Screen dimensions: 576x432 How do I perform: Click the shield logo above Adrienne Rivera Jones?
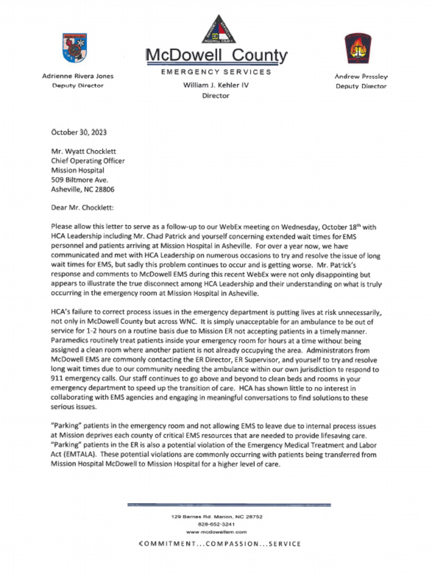(x=74, y=48)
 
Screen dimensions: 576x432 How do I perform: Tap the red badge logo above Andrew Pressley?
(x=358, y=48)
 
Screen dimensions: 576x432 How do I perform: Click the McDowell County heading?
(x=217, y=56)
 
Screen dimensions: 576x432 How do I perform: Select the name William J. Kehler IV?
(x=216, y=85)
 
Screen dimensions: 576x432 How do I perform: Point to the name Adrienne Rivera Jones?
(x=78, y=76)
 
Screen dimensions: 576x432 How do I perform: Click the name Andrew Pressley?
(x=361, y=76)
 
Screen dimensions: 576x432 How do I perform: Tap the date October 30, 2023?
(x=79, y=133)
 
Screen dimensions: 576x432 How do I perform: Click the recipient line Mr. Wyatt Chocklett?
(x=84, y=151)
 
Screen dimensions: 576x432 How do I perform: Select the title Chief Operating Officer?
(x=88, y=161)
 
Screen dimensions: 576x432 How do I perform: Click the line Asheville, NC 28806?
(x=83, y=190)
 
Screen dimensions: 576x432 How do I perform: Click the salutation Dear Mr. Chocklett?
(x=82, y=208)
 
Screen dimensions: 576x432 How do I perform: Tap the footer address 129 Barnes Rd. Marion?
(x=217, y=516)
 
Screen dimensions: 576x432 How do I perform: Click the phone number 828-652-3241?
(x=217, y=524)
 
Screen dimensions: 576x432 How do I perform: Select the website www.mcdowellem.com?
(x=217, y=532)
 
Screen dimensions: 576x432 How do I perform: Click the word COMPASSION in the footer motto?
(x=225, y=544)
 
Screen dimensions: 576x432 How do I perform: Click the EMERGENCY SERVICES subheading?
(x=216, y=72)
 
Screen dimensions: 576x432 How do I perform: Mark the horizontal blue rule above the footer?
(x=229, y=505)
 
